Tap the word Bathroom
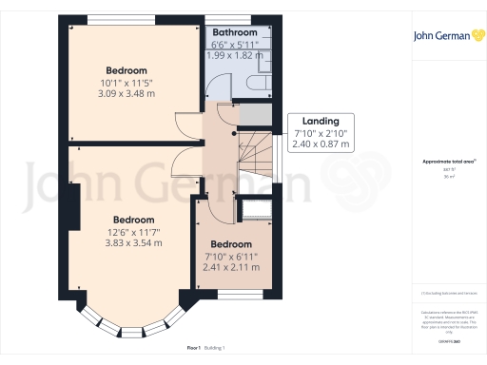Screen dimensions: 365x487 tap(234, 32)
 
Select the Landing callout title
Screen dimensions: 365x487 tap(321, 122)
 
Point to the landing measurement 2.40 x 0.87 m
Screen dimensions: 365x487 tap(321, 145)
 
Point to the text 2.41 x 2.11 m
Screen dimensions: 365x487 tap(231, 268)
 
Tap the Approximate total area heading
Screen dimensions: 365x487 tap(448, 162)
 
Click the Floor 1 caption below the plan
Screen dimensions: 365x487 tap(194, 350)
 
